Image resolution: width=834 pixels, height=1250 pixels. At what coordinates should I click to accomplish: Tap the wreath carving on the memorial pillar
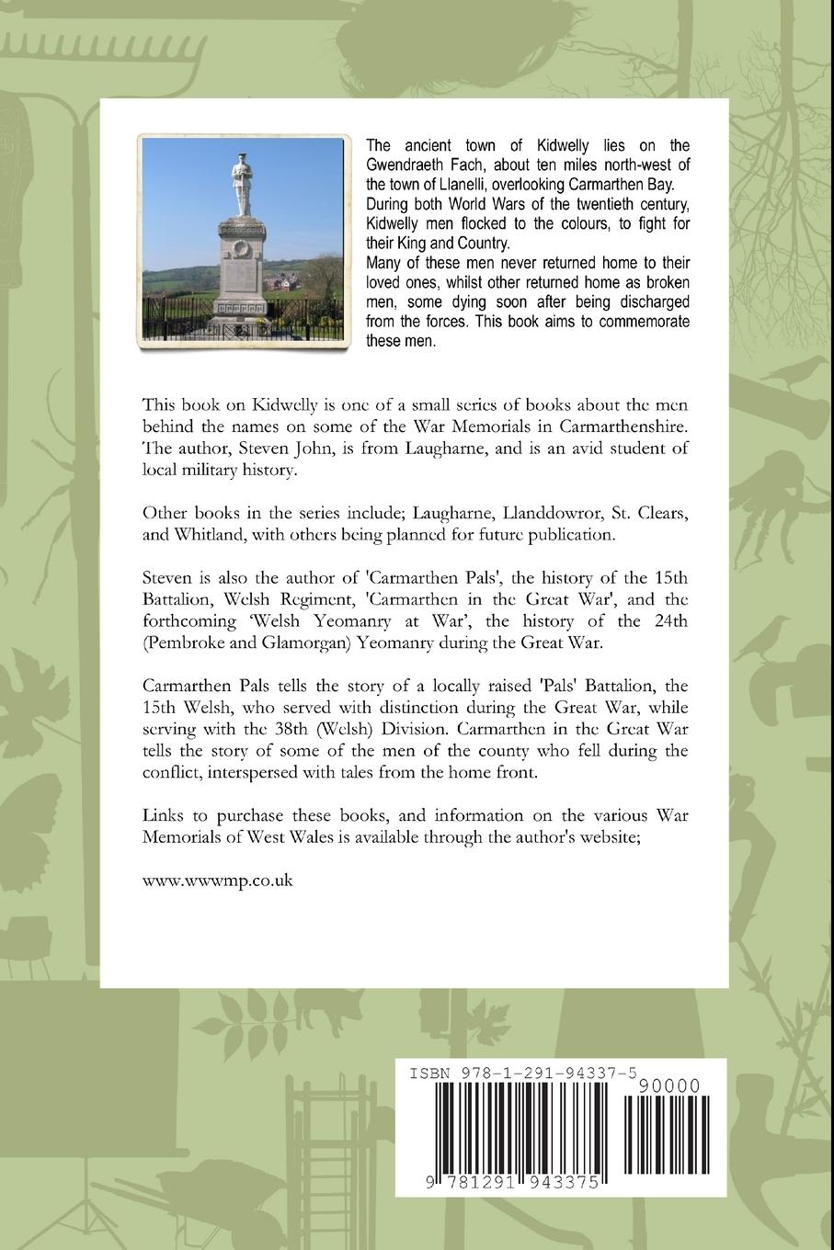coord(241,249)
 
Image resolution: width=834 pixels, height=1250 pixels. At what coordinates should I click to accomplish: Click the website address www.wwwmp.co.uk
coord(218,880)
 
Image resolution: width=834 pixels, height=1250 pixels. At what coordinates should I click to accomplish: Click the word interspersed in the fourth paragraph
coord(270,772)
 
